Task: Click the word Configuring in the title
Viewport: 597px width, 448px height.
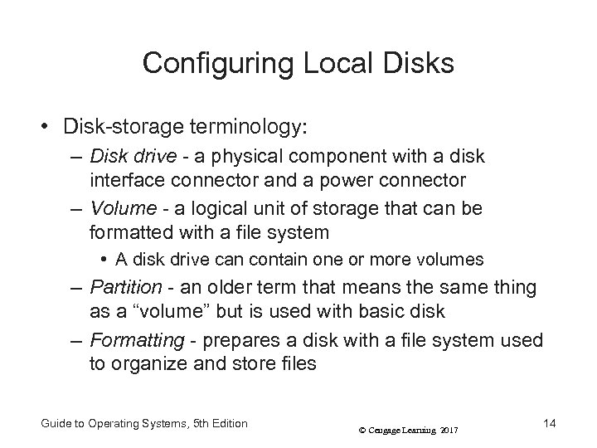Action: tap(206, 64)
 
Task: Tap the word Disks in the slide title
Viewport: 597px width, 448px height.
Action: tap(419, 64)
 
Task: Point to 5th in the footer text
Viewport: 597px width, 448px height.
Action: tap(200, 424)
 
